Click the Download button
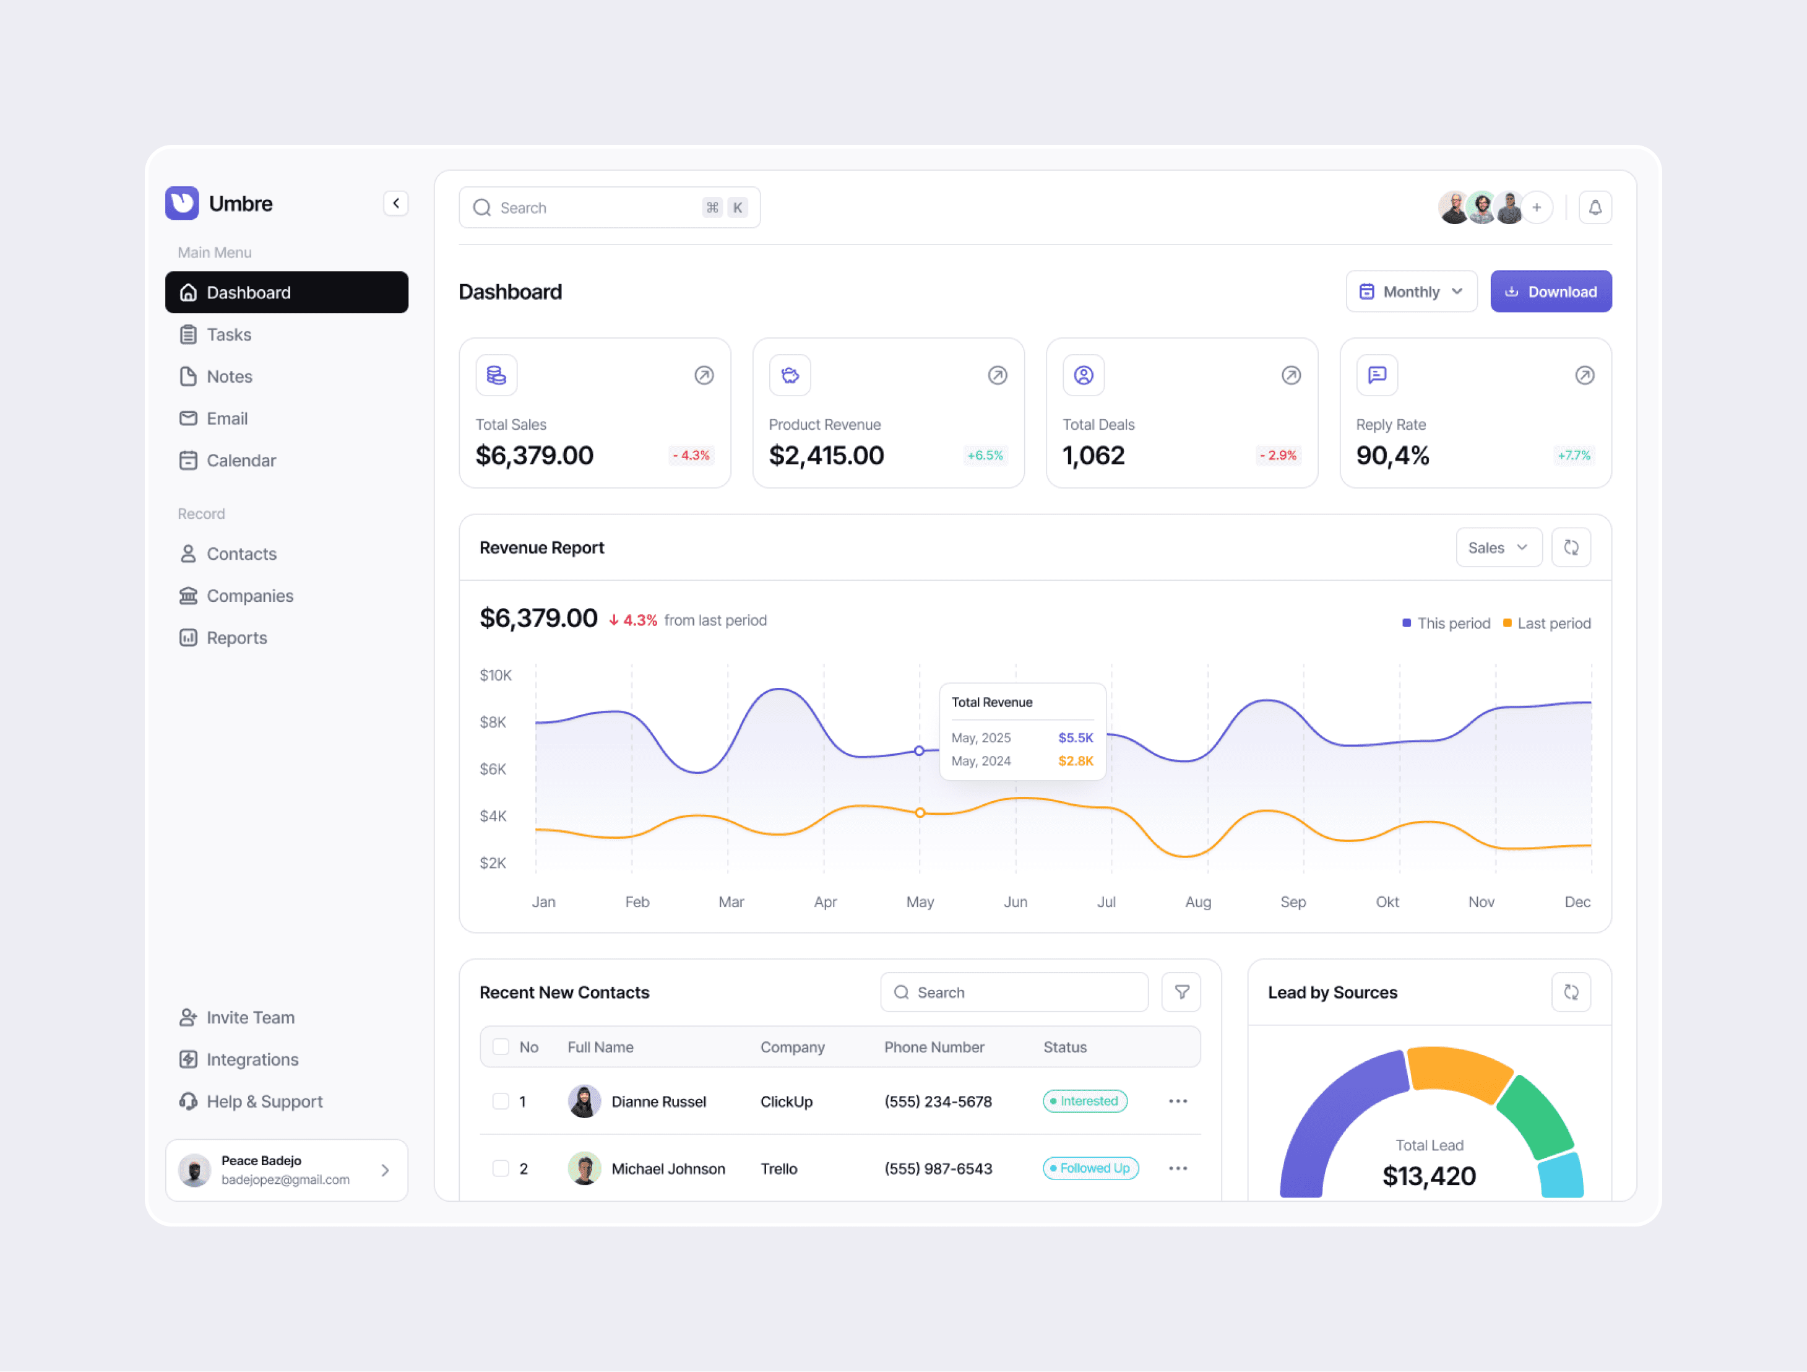pyautogui.click(x=1550, y=292)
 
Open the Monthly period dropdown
pyautogui.click(x=1411, y=292)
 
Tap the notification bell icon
pyautogui.click(x=1595, y=207)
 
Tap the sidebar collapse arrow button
pyautogui.click(x=396, y=204)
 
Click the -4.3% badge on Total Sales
pyautogui.click(x=691, y=455)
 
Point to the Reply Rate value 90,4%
pyautogui.click(x=1393, y=455)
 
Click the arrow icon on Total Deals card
pyautogui.click(x=1291, y=375)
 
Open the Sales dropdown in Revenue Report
pyautogui.click(x=1498, y=547)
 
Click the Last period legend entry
pyautogui.click(x=1546, y=623)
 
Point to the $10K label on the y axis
pyautogui.click(x=496, y=675)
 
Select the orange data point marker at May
pyautogui.click(x=920, y=812)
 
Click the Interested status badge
pyautogui.click(x=1085, y=1101)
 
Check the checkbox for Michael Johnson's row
pyautogui.click(x=501, y=1168)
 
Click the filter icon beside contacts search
pyautogui.click(x=1181, y=992)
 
